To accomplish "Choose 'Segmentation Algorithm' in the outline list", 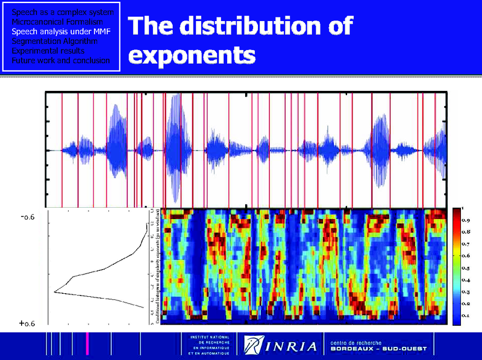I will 55,41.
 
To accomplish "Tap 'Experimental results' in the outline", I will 48,51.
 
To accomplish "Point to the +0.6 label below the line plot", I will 27,324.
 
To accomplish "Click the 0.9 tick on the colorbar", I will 466,221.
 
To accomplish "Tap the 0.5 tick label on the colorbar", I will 466,268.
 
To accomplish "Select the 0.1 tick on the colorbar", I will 466,315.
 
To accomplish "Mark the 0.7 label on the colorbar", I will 466,244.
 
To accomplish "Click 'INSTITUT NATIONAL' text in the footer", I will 206,337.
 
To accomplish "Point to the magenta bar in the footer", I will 87,344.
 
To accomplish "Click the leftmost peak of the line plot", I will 55,292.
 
